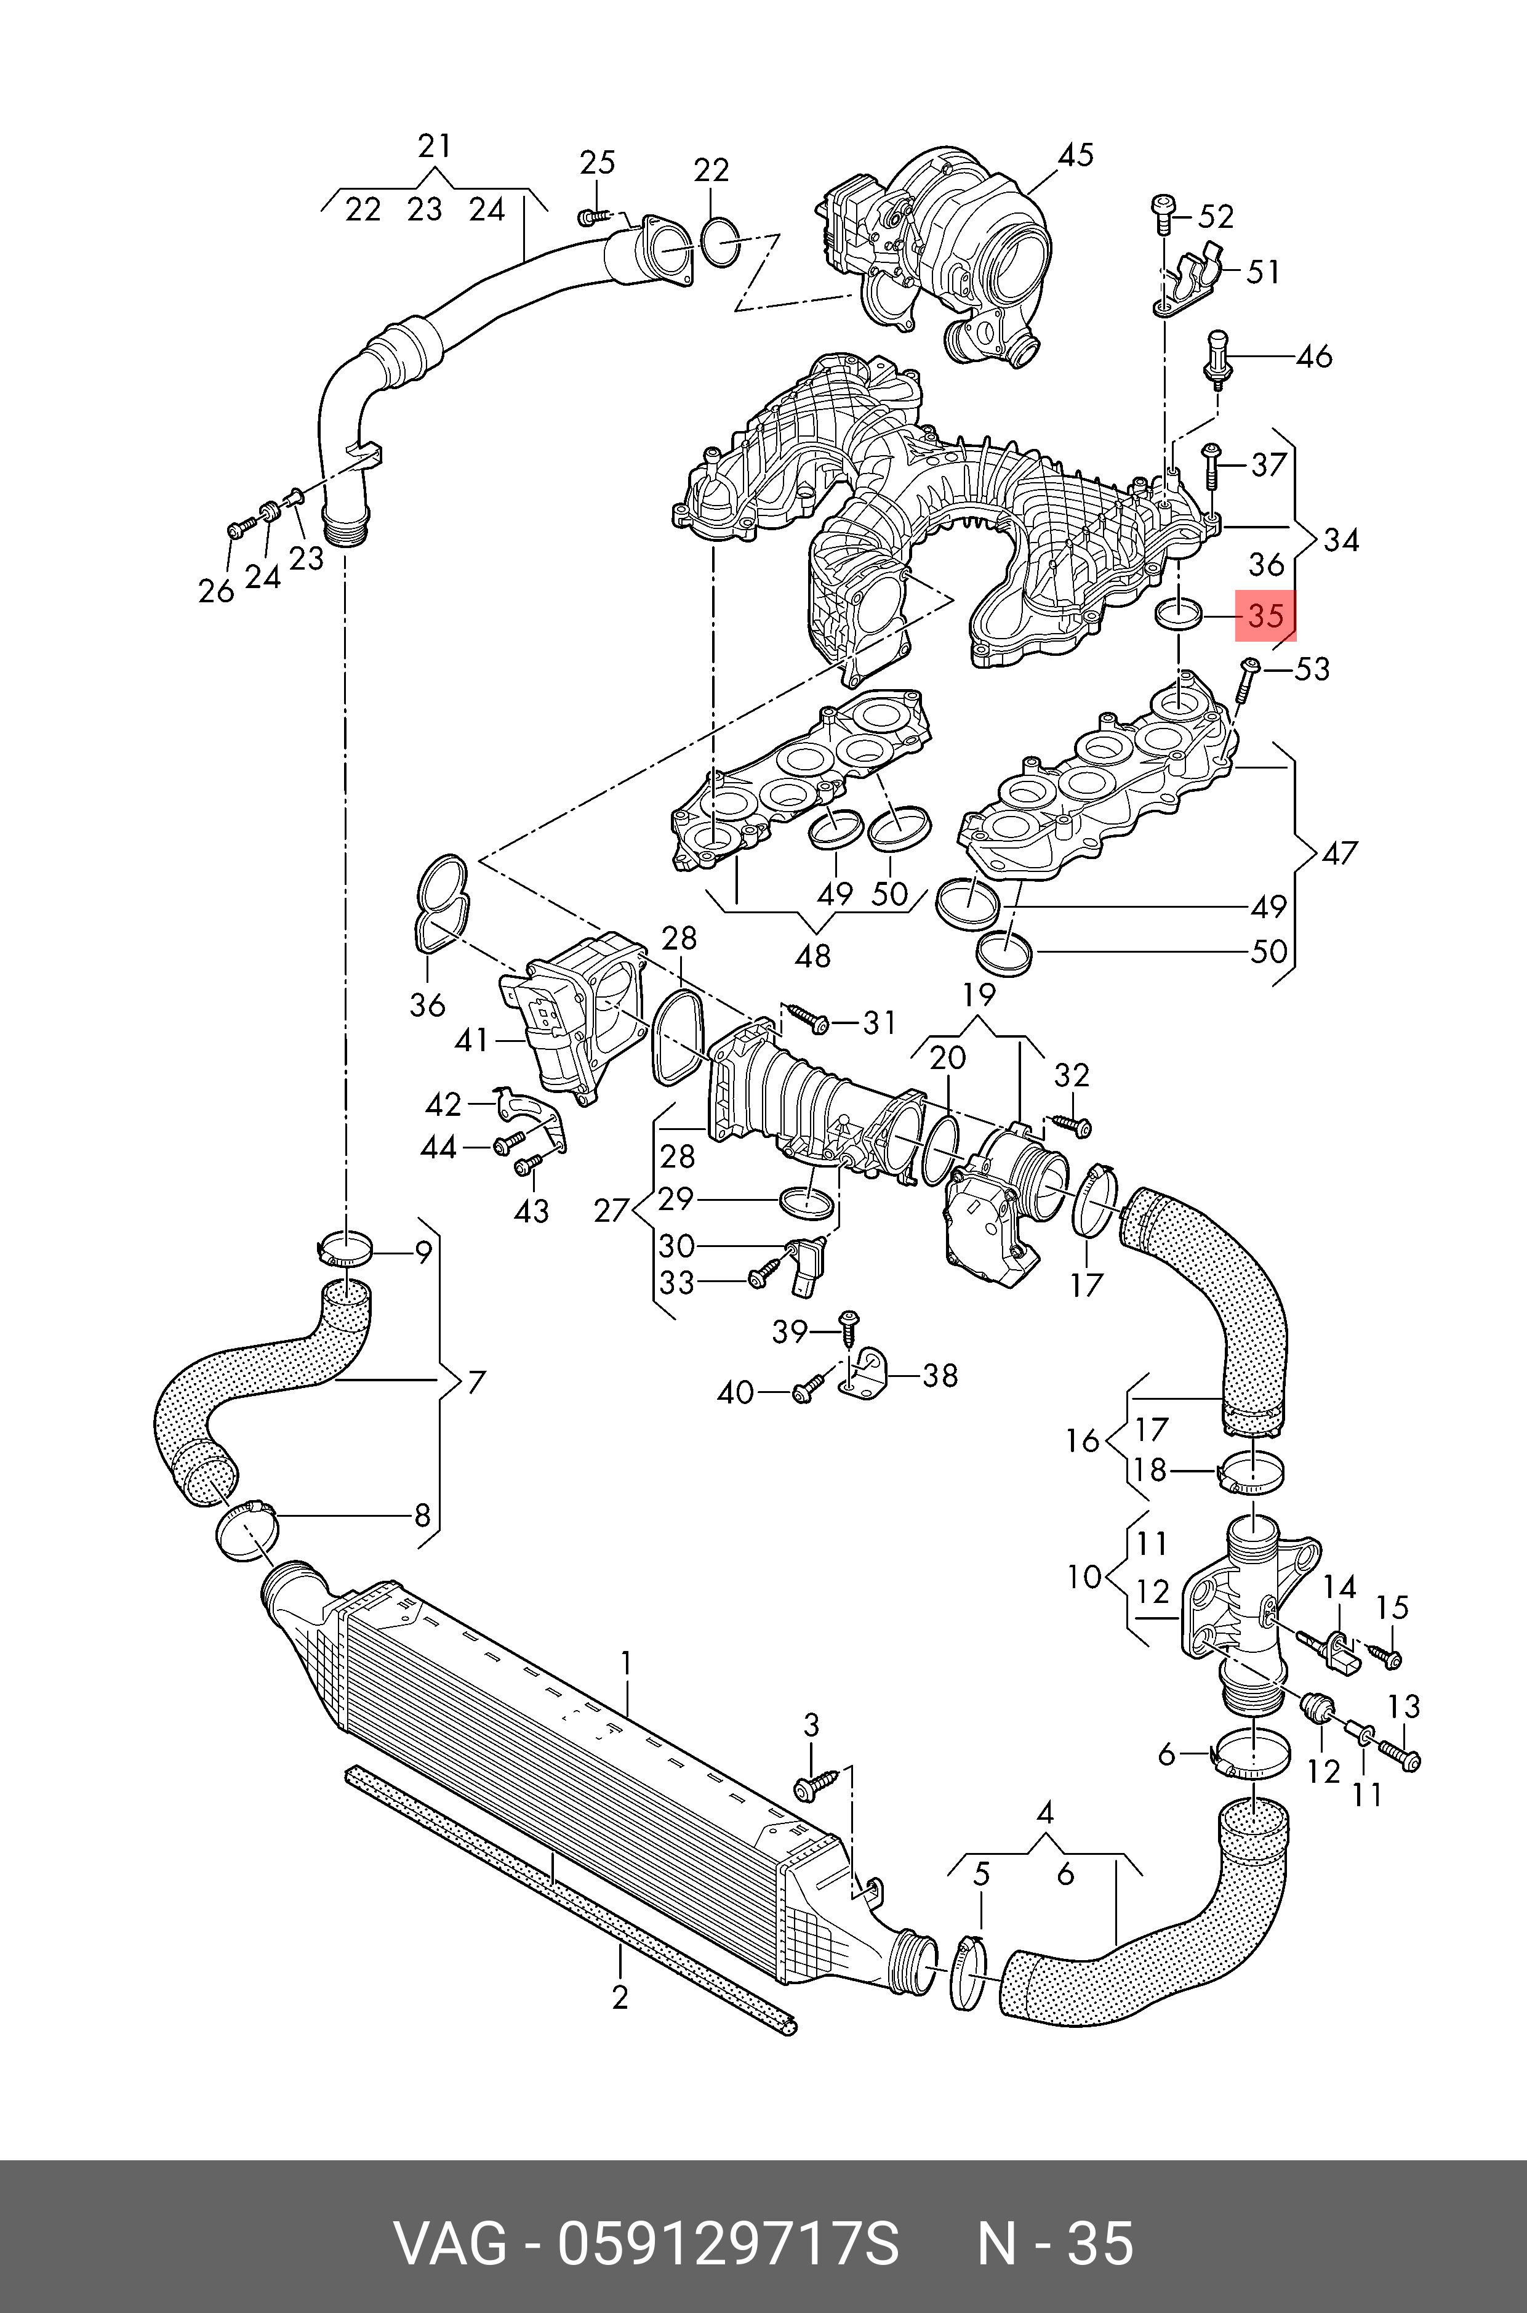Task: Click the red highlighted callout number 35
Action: pyautogui.click(x=1266, y=616)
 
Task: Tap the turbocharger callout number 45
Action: pyautogui.click(x=1076, y=155)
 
